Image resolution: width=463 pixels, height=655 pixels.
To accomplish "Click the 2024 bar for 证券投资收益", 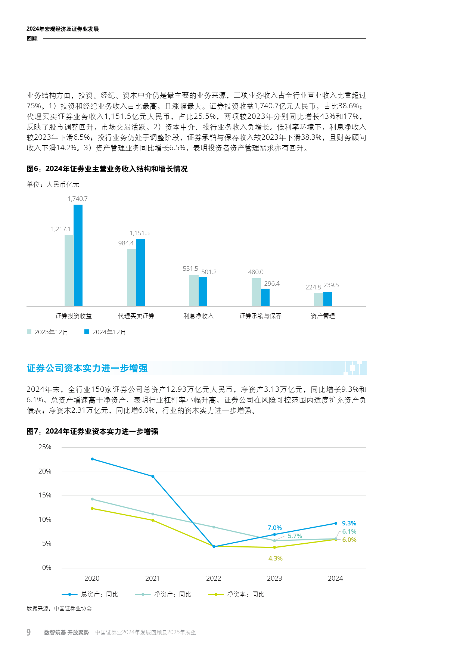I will click(78, 255).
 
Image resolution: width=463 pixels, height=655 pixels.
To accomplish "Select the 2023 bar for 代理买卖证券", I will click(131, 277).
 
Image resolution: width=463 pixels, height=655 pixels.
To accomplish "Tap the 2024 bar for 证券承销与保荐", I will click(265, 297).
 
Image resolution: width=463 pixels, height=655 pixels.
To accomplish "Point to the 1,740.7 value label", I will click(78, 199).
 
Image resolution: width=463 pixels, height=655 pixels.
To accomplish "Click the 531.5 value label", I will click(190, 268).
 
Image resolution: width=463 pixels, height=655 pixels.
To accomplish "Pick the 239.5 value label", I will click(331, 285).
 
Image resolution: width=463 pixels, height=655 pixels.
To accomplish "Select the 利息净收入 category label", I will click(198, 316).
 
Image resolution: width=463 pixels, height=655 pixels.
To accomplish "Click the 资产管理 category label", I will click(323, 316).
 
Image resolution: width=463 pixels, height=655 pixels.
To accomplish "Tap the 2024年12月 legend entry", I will click(105, 332).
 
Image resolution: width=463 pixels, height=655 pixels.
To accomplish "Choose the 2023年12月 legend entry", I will click(47, 332).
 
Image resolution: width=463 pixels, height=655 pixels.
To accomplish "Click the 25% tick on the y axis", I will click(45, 447).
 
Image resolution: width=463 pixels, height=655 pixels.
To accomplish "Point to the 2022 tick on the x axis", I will click(214, 578).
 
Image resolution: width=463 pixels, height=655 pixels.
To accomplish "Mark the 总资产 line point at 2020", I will click(92, 459).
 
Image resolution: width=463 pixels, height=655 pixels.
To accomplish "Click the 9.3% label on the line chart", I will click(349, 523).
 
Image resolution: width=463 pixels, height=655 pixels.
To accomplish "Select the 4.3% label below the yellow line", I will click(276, 558).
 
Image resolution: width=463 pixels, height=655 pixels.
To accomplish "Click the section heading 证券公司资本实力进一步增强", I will click(87, 368).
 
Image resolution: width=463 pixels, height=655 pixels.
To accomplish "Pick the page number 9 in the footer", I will click(29, 632).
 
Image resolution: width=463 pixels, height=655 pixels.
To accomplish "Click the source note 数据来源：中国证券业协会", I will click(59, 608).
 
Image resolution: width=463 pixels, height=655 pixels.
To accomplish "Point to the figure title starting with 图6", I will click(107, 169).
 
